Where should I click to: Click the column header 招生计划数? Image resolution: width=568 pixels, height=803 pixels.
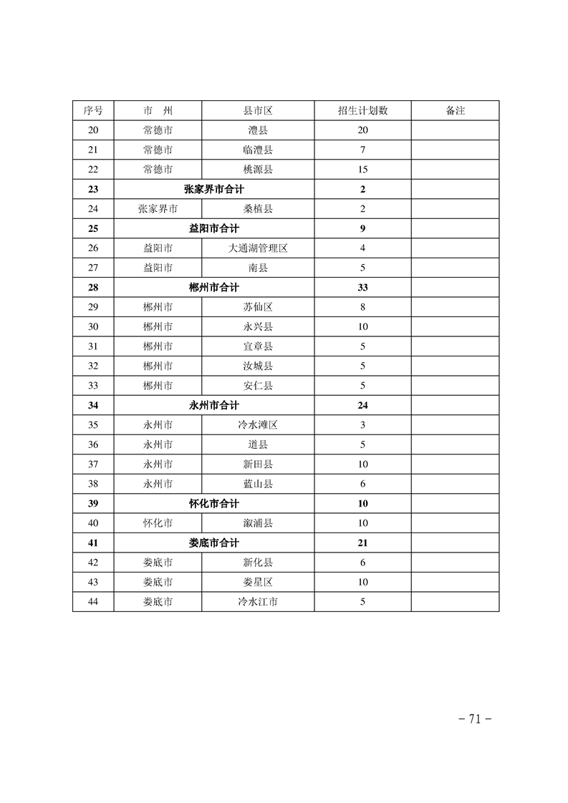point(362,111)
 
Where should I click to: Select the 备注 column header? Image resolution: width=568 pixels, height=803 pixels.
point(455,111)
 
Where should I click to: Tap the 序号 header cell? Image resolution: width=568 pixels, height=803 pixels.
point(93,111)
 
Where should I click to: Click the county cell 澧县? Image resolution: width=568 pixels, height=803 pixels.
point(258,130)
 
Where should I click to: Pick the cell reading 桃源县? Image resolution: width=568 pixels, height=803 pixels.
point(258,170)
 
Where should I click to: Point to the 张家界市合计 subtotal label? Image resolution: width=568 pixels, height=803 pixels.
point(213,190)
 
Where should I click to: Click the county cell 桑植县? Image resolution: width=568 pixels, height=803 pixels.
point(258,209)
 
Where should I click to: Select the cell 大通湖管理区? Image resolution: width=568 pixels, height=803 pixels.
point(258,248)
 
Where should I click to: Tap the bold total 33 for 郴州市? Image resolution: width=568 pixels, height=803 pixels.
point(362,288)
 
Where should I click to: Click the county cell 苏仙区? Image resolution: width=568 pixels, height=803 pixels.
point(258,307)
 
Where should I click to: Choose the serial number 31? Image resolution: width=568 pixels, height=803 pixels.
point(93,346)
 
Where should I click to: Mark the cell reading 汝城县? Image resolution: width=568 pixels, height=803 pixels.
point(258,366)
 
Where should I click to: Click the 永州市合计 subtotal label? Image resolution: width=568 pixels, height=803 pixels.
point(213,405)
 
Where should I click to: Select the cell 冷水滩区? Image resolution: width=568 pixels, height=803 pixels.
point(258,425)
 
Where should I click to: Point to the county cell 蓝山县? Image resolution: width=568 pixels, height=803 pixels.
point(258,484)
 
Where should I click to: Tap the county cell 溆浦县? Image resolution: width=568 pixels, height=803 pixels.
point(258,523)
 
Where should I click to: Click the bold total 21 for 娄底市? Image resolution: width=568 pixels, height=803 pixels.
point(362,543)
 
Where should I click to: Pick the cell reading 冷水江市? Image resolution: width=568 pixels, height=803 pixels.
point(258,602)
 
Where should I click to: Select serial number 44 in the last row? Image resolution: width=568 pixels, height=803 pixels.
point(93,602)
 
